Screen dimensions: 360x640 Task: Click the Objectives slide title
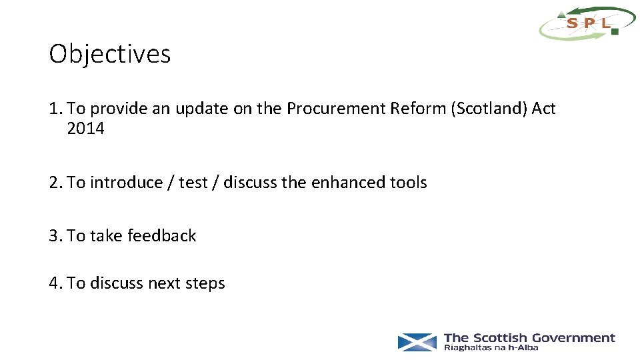click(x=110, y=54)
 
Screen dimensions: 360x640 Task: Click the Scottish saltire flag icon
click(x=417, y=342)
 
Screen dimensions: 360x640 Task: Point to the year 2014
click(x=86, y=129)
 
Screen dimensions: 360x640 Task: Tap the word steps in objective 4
click(x=205, y=283)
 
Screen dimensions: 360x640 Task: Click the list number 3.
click(x=55, y=235)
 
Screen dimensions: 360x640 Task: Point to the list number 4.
click(x=55, y=283)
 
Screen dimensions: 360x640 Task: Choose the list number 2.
click(x=55, y=182)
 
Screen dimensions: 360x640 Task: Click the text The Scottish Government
click(x=529, y=338)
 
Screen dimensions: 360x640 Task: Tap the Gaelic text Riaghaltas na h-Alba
click(x=491, y=348)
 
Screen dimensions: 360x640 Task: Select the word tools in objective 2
click(x=409, y=182)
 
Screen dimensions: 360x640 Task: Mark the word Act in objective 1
click(x=543, y=109)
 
